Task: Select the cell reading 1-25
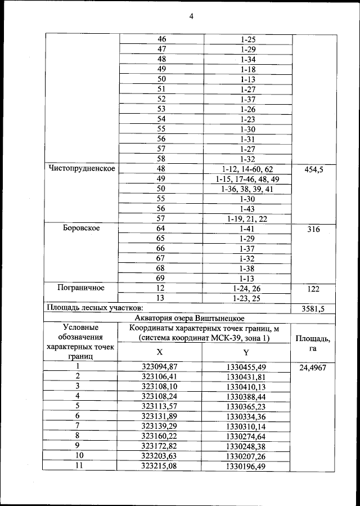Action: pyautogui.click(x=248, y=39)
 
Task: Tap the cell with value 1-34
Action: pyautogui.click(x=248, y=59)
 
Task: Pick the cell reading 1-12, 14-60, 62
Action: pyautogui.click(x=248, y=169)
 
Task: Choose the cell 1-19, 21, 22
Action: pyautogui.click(x=248, y=218)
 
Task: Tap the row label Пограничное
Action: pyautogui.click(x=82, y=288)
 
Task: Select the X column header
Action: pyautogui.click(x=160, y=352)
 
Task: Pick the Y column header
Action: pyautogui.click(x=246, y=352)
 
